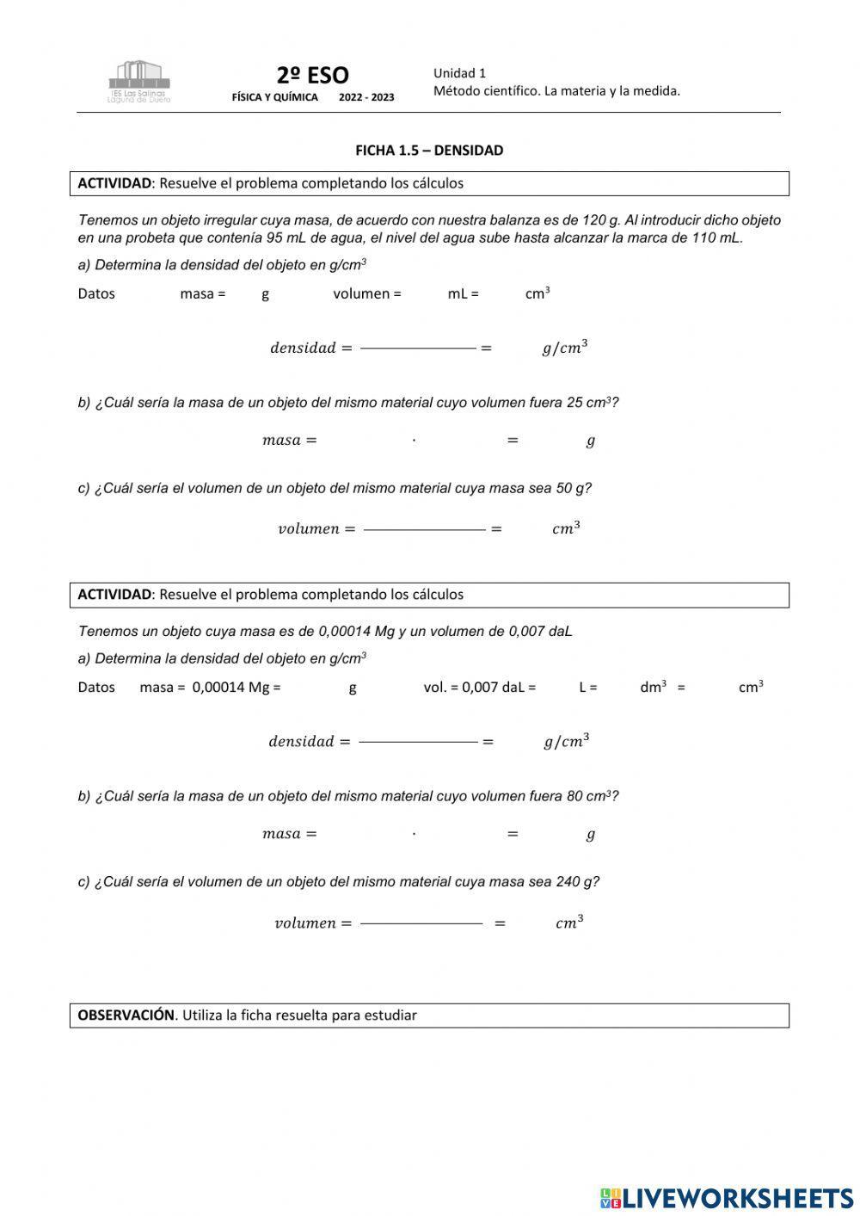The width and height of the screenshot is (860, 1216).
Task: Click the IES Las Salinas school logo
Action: (138, 81)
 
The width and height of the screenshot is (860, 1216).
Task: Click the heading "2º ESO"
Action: (312, 75)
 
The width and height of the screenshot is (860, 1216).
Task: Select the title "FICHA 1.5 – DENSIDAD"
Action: (429, 151)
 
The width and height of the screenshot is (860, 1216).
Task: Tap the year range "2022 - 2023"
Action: (366, 97)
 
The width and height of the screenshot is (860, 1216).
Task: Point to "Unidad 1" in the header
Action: (459, 73)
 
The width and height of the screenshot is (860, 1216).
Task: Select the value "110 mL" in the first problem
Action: (716, 238)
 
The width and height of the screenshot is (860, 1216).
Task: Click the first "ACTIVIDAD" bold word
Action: (114, 183)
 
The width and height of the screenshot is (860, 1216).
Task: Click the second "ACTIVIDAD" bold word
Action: (114, 595)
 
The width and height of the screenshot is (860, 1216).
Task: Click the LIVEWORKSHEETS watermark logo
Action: (727, 1197)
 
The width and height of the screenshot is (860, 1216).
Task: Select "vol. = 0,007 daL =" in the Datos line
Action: (479, 688)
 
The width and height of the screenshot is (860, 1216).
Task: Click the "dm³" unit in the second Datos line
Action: (653, 688)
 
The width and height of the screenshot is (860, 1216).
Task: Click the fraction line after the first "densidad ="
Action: (418, 349)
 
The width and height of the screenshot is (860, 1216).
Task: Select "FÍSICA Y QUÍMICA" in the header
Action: (274, 97)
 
